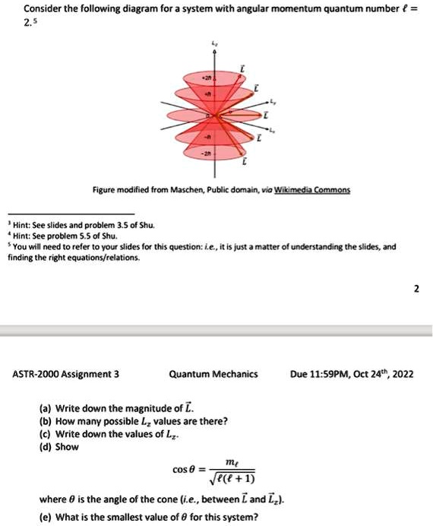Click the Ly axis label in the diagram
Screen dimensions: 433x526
[x=277, y=100]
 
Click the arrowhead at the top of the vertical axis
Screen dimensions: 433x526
[x=214, y=53]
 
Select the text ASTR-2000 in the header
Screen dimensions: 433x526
[x=35, y=374]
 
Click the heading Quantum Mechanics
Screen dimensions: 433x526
[x=213, y=374]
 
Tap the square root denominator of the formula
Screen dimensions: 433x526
[x=234, y=479]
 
